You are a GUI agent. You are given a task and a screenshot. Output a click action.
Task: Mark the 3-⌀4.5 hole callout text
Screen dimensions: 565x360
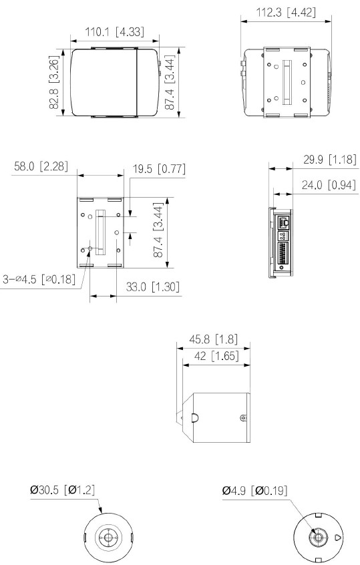(38, 278)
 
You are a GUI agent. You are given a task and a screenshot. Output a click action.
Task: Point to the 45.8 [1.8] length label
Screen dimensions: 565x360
(214, 339)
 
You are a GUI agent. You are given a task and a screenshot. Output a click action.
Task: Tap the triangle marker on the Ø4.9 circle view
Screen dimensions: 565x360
(338, 536)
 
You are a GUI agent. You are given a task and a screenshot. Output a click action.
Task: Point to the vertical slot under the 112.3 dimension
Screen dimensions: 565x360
(288, 82)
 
